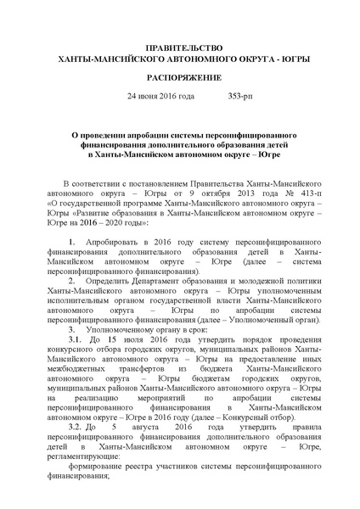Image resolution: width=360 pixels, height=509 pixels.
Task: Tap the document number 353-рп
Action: (x=243, y=97)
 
